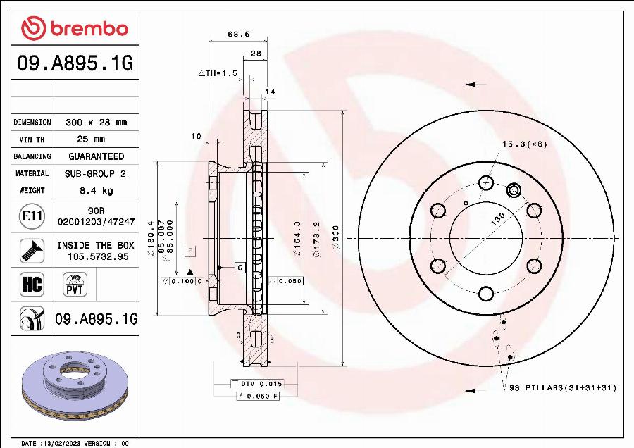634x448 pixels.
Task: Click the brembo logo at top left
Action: click(75, 29)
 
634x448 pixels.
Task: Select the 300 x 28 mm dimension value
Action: click(96, 123)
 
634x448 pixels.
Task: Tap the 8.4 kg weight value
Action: click(96, 190)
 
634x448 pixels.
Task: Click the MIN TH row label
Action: click(32, 139)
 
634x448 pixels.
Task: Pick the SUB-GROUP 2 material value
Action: click(96, 173)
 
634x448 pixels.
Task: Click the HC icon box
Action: click(32, 285)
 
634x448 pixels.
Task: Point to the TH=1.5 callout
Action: click(218, 73)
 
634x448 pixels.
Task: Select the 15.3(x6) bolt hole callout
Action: click(524, 144)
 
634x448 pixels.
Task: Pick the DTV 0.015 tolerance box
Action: click(256, 384)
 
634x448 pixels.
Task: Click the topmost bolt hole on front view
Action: click(485, 183)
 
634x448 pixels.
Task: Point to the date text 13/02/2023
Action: click(59, 444)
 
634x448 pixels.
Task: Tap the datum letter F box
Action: click(189, 250)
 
